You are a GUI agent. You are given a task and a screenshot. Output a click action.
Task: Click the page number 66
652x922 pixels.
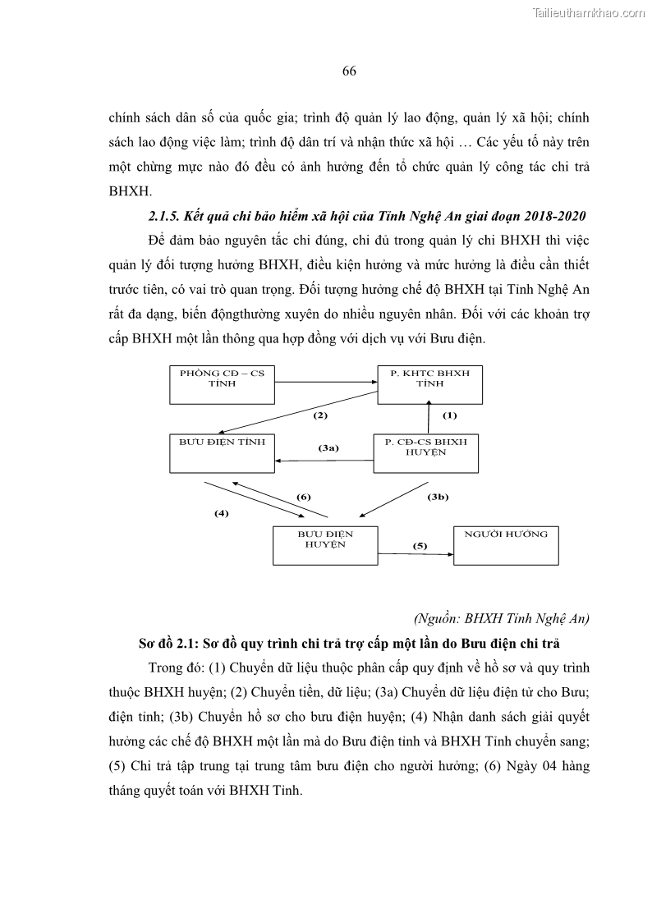click(x=348, y=71)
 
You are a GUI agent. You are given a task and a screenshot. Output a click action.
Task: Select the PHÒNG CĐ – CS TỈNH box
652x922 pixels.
click(x=222, y=383)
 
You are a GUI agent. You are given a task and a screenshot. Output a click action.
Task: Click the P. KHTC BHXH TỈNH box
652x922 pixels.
click(x=429, y=383)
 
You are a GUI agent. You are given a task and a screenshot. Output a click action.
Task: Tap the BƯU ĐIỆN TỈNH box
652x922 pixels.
click(x=222, y=452)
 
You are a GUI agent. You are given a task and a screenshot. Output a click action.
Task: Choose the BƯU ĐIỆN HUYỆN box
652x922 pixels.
click(x=325, y=544)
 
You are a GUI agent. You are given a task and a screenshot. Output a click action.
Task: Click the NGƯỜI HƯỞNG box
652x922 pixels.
click(x=506, y=544)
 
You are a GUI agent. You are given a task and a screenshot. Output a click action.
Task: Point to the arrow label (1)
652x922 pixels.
click(x=449, y=415)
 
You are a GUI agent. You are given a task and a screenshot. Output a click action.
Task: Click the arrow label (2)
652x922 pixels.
click(x=320, y=415)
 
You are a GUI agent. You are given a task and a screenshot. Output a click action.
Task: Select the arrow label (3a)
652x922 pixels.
click(x=328, y=448)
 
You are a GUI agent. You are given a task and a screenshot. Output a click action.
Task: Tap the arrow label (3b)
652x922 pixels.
click(x=437, y=497)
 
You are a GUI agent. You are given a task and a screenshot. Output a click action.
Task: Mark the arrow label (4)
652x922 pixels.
click(x=221, y=513)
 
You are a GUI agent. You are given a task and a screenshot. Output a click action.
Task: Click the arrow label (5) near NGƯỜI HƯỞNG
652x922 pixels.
click(x=420, y=545)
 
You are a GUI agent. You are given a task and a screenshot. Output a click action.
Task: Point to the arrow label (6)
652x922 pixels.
click(x=303, y=497)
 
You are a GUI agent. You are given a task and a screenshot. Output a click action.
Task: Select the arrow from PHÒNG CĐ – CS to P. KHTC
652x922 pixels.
click(x=326, y=382)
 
